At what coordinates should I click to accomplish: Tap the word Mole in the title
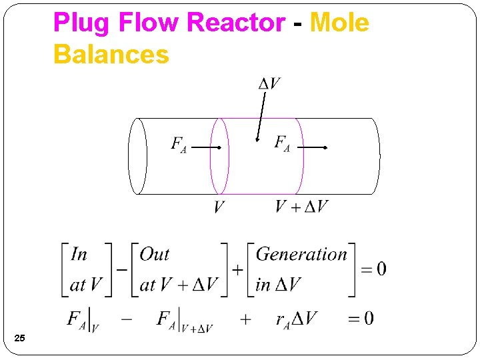pos(339,23)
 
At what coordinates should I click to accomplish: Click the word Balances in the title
pos(111,54)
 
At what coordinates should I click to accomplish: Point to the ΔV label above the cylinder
pos(269,83)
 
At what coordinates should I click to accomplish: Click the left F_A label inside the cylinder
pos(179,145)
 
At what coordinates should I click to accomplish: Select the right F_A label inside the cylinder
pos(282,143)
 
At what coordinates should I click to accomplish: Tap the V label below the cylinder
pos(219,207)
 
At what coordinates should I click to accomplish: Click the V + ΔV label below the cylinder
pos(302,206)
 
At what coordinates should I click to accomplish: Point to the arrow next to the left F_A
pos(206,147)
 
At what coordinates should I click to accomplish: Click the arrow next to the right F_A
pos(312,147)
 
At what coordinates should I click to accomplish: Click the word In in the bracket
pos(79,254)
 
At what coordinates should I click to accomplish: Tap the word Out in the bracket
pos(155,254)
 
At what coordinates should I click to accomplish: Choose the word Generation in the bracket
pos(301,254)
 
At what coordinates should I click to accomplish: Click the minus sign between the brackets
pos(122,270)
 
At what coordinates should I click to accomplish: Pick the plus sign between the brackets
pos(237,270)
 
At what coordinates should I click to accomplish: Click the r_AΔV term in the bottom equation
pos(297,319)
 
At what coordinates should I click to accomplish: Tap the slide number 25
pos(20,340)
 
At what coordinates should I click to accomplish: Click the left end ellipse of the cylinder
pos(137,156)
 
